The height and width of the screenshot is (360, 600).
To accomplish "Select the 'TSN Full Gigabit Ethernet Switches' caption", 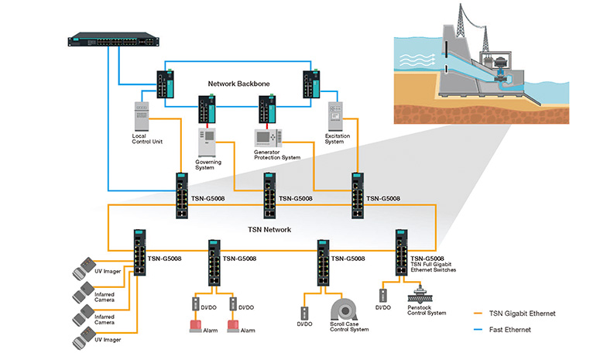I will pos(433,266).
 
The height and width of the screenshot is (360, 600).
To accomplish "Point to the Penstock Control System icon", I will pos(421,295).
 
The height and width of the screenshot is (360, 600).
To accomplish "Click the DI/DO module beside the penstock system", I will pos(382,295).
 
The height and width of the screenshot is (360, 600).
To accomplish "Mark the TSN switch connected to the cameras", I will pos(139,252).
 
